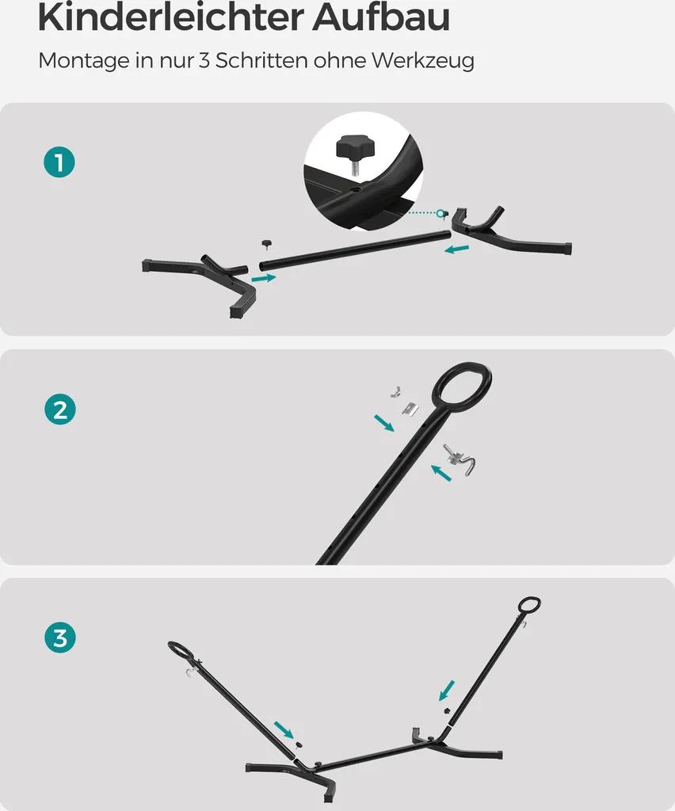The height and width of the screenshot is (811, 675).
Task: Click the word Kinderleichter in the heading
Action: pos(170,17)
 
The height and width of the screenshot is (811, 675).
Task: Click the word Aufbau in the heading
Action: pos(381,17)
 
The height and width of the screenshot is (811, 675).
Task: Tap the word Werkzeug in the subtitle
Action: pos(422,61)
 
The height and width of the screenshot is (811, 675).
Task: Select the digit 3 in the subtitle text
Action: pos(204,60)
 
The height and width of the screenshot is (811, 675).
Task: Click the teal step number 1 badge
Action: pos(59,162)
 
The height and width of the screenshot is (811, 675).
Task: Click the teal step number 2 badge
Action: pos(60,409)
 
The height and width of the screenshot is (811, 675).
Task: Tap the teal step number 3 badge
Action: pos(60,638)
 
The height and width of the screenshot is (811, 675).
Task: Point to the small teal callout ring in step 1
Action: pos(440,213)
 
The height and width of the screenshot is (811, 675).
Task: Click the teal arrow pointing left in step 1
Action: pos(457,249)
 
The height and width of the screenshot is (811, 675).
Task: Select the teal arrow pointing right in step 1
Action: pos(264,278)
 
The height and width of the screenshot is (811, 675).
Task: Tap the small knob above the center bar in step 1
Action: pos(267,244)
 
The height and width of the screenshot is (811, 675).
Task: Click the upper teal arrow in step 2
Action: pos(383,423)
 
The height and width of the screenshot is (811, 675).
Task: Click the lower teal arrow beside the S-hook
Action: pos(441,473)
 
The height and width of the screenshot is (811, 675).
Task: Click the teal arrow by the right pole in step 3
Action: pos(446,691)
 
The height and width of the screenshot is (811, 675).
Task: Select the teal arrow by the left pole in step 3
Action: pos(284,730)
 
